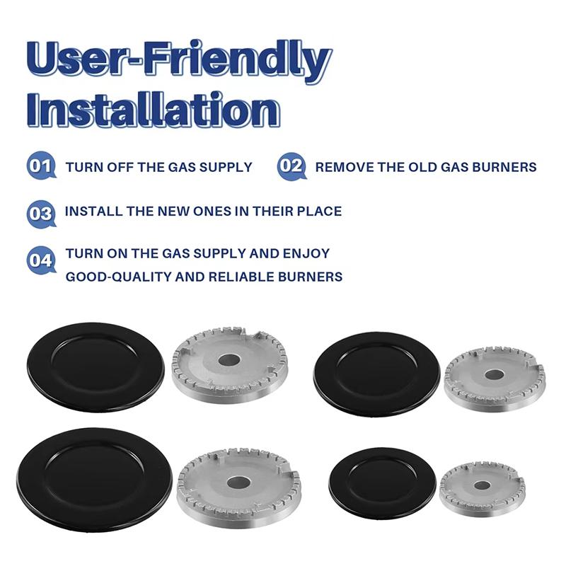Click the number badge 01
click(41, 166)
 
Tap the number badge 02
click(291, 166)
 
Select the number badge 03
click(41, 214)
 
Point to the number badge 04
click(41, 260)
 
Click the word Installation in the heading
click(154, 109)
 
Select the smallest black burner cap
click(383, 479)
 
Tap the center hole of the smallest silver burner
click(482, 485)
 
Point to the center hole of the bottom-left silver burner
click(238, 483)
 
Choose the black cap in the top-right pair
click(377, 374)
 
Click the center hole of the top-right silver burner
click(494, 375)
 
